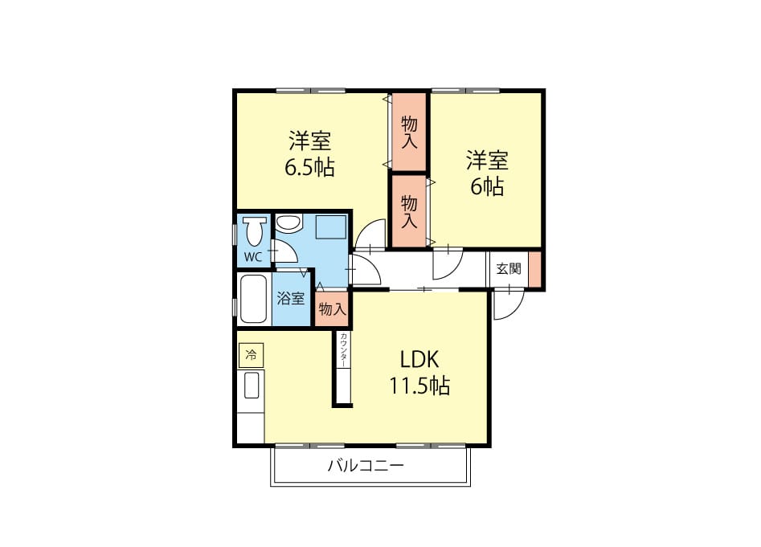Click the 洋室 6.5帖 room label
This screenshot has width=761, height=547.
(x=309, y=153)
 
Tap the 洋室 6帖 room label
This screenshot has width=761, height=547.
(x=487, y=173)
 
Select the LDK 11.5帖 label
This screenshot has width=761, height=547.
(x=419, y=373)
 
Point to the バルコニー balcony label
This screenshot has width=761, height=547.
(x=366, y=467)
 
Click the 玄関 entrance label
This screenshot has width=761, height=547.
(x=508, y=268)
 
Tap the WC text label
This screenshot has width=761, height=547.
(x=252, y=257)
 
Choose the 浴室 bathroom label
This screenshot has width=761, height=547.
(x=291, y=298)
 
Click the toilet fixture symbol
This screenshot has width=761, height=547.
(x=254, y=231)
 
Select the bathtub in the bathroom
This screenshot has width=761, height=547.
(x=253, y=299)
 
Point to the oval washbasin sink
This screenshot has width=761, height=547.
(x=288, y=224)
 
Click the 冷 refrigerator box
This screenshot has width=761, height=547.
(x=251, y=355)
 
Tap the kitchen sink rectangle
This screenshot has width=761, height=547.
(x=252, y=386)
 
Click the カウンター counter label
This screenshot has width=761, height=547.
(x=343, y=350)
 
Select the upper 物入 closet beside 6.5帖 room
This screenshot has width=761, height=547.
(x=409, y=132)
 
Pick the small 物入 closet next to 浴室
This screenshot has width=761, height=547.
(x=332, y=309)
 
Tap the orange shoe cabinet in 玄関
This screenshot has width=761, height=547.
(x=534, y=269)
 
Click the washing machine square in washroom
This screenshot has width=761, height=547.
(x=331, y=227)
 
